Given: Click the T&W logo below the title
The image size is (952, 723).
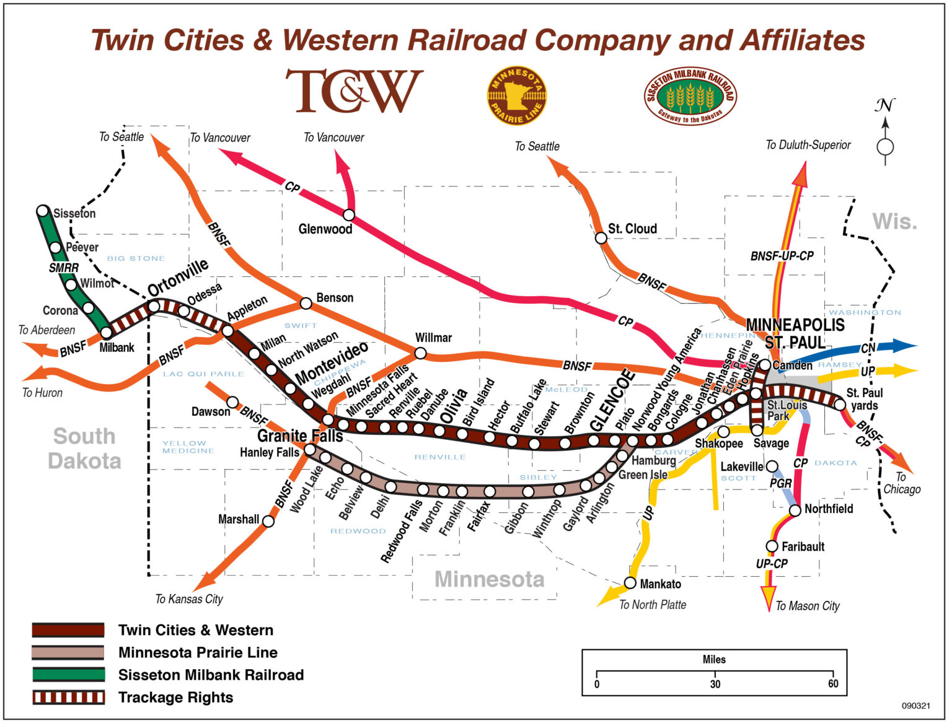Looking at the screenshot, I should click(354, 91).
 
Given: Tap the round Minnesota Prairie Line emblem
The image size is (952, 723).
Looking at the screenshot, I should click(516, 95).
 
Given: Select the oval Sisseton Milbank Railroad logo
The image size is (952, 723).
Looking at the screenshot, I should click(690, 96).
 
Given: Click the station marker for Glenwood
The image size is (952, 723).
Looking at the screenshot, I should click(349, 215).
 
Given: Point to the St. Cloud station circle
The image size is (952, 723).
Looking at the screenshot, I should click(601, 238).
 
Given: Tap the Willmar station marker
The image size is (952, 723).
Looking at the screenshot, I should click(420, 353).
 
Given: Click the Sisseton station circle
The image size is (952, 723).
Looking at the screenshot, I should click(43, 211).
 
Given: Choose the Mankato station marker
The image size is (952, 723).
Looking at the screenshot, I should click(630, 583).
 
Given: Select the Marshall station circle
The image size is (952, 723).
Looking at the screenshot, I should click(268, 521).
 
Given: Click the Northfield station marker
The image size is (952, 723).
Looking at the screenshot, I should click(795, 510).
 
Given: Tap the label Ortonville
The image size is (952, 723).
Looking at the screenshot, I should click(178, 277).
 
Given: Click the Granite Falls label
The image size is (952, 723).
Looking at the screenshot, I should click(300, 436).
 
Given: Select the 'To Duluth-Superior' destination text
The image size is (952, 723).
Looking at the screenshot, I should click(808, 145).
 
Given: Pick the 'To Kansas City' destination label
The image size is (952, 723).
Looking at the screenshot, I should click(189, 599).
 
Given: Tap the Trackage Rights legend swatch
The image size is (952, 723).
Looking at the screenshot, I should click(68, 697).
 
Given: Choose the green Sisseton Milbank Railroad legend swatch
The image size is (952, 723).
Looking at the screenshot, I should click(68, 675).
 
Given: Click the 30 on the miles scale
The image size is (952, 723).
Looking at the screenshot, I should click(715, 684).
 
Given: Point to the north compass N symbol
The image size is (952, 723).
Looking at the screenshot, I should click(885, 106).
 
